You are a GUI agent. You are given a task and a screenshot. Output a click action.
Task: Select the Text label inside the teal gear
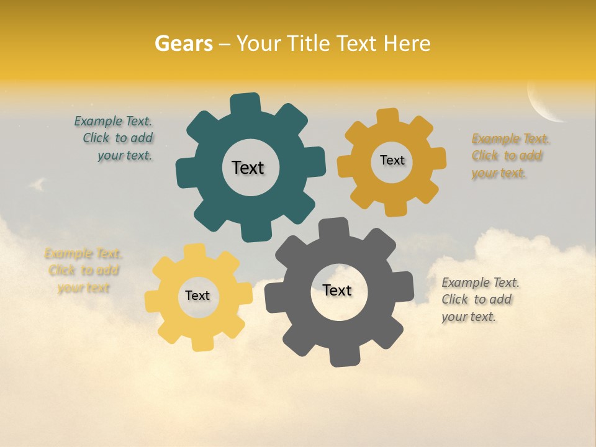[x=248, y=168]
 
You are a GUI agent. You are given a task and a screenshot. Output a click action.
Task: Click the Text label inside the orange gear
[x=392, y=160]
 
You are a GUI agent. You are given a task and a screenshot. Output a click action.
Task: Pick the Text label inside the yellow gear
[x=197, y=296]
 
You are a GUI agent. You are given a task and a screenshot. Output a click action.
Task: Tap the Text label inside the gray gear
[x=336, y=290]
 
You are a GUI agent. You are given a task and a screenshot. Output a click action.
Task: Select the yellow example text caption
[x=83, y=271]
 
